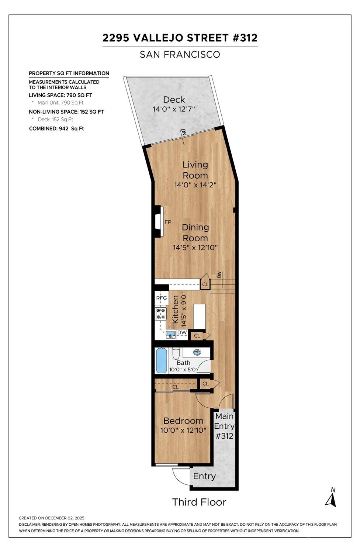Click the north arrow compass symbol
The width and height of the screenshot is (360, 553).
331,498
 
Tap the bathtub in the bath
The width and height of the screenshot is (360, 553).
162,360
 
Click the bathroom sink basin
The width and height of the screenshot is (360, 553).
197,352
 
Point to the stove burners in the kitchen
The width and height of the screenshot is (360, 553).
161,313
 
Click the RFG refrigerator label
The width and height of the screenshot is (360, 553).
162,298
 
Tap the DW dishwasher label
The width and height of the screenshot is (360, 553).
182,332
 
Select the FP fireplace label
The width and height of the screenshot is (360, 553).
168,222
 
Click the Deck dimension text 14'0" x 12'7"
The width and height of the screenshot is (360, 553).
174,109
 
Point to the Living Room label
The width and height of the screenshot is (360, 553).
195,170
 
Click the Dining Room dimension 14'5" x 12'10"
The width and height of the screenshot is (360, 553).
195,248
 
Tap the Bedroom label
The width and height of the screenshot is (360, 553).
183,421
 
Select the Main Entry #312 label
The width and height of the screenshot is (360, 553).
224,426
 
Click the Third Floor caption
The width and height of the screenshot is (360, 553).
199,502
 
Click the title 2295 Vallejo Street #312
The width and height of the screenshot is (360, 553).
180,38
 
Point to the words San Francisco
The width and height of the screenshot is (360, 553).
180,55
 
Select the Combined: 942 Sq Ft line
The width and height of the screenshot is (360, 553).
56,129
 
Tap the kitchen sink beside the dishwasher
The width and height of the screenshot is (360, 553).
171,335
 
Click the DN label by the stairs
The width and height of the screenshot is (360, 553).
219,275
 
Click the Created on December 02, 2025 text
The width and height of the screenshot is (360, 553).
52,518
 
